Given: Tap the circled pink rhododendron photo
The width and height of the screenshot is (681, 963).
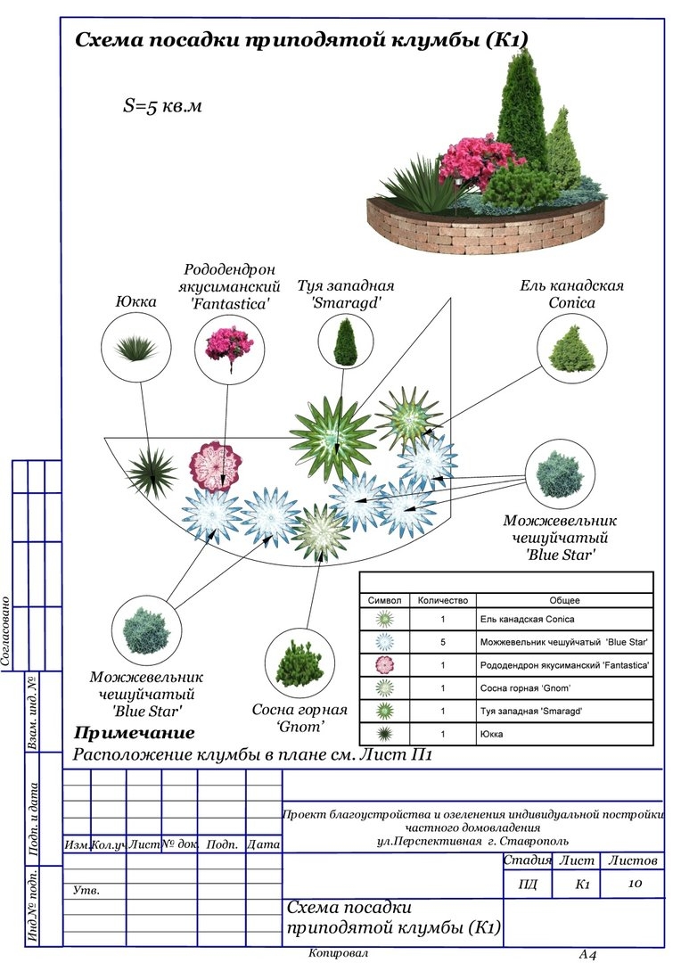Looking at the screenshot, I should pyautogui.click(x=229, y=348).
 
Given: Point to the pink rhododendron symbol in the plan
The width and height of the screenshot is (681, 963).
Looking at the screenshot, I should pyautogui.click(x=216, y=466).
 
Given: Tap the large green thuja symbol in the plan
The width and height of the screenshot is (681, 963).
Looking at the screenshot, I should pyautogui.click(x=332, y=437).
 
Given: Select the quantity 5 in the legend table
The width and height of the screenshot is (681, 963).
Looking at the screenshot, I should pyautogui.click(x=442, y=642).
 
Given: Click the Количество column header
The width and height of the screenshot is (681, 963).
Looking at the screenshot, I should pyautogui.click(x=442, y=600).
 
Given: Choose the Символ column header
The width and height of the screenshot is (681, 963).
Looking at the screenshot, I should pyautogui.click(x=384, y=600).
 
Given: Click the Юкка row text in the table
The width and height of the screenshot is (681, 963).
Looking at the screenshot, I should pyautogui.click(x=492, y=735).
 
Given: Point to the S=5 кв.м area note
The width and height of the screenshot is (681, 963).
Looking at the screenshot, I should pyautogui.click(x=162, y=105).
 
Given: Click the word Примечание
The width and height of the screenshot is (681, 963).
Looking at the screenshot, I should pyautogui.click(x=134, y=734).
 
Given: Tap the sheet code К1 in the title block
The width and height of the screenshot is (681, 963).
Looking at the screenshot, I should pyautogui.click(x=583, y=885).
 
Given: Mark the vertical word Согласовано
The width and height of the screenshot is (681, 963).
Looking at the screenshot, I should pyautogui.click(x=7, y=632).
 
